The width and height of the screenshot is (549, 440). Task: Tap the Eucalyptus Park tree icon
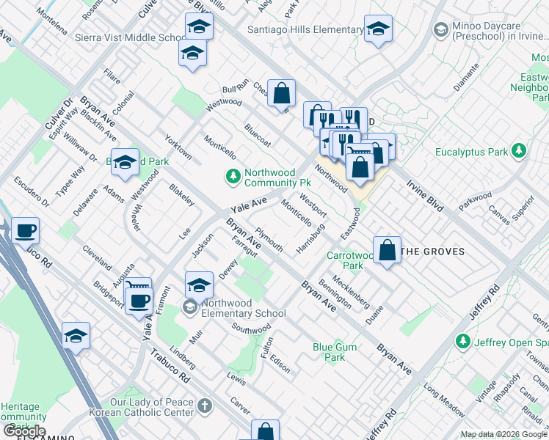tap(520, 151)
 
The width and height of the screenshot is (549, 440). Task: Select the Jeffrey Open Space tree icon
tap(462, 341)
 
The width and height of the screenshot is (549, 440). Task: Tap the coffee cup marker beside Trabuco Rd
tap(24, 231)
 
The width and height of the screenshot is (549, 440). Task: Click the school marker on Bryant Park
tap(126, 164)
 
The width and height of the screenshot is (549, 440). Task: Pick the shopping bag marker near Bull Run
tap(281, 93)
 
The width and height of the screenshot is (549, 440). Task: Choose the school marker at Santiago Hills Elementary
tap(378, 30)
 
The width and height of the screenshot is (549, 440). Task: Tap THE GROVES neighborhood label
tap(433, 252)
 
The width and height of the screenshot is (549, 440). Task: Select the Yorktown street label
tap(179, 147)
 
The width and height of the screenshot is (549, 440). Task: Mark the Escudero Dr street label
tap(31, 192)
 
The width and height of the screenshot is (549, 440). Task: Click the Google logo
tap(24, 431)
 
